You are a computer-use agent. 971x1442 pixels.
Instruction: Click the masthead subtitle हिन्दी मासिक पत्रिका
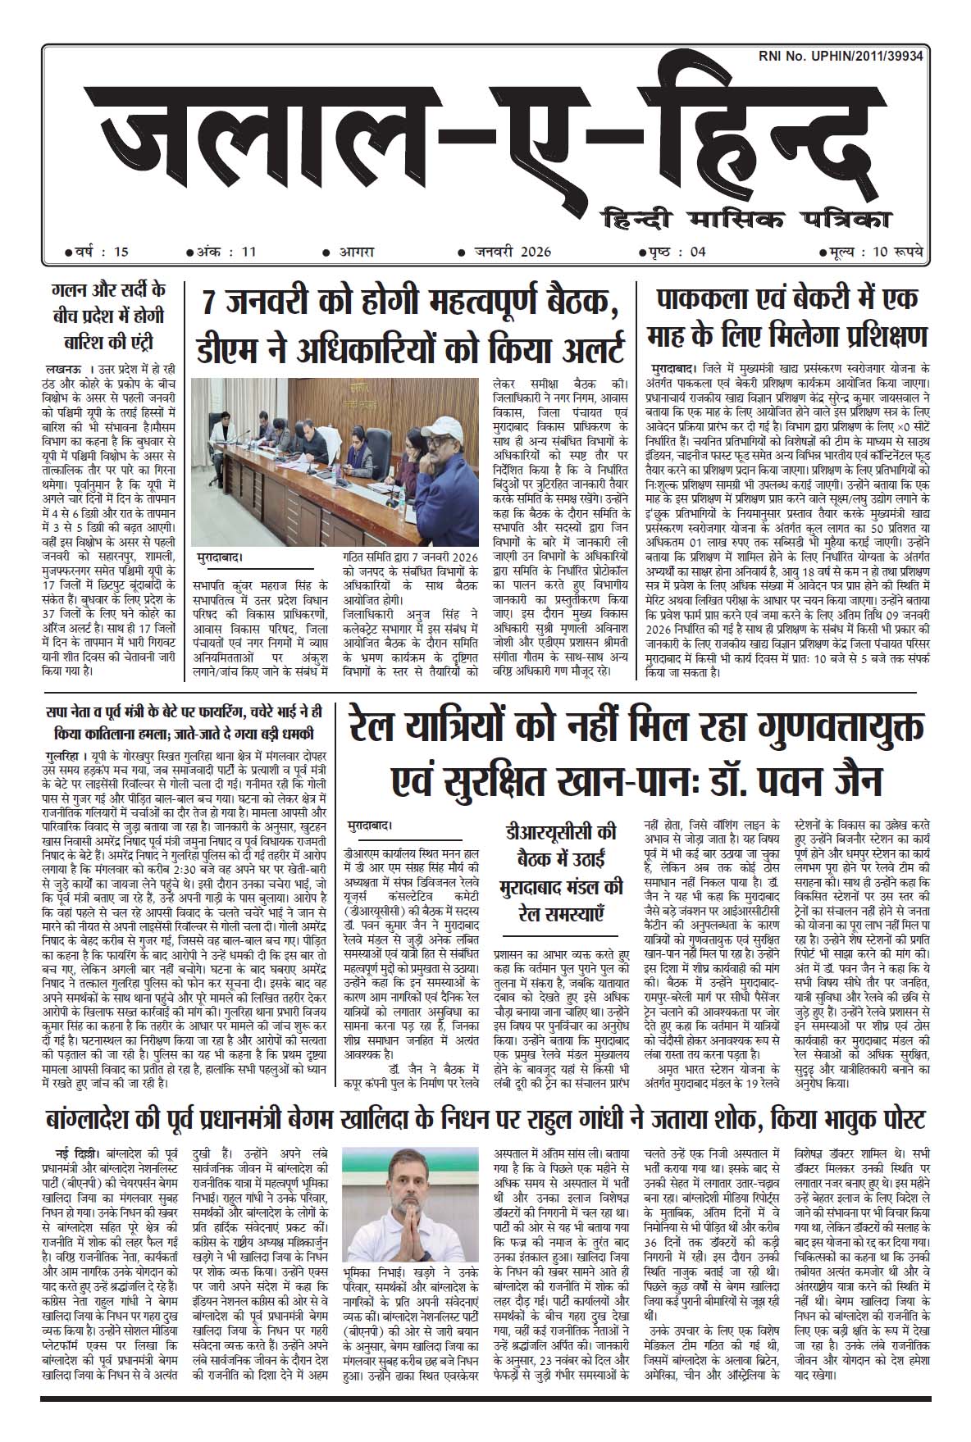(x=747, y=220)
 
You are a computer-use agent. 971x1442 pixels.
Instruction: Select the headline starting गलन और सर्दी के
(x=107, y=315)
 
